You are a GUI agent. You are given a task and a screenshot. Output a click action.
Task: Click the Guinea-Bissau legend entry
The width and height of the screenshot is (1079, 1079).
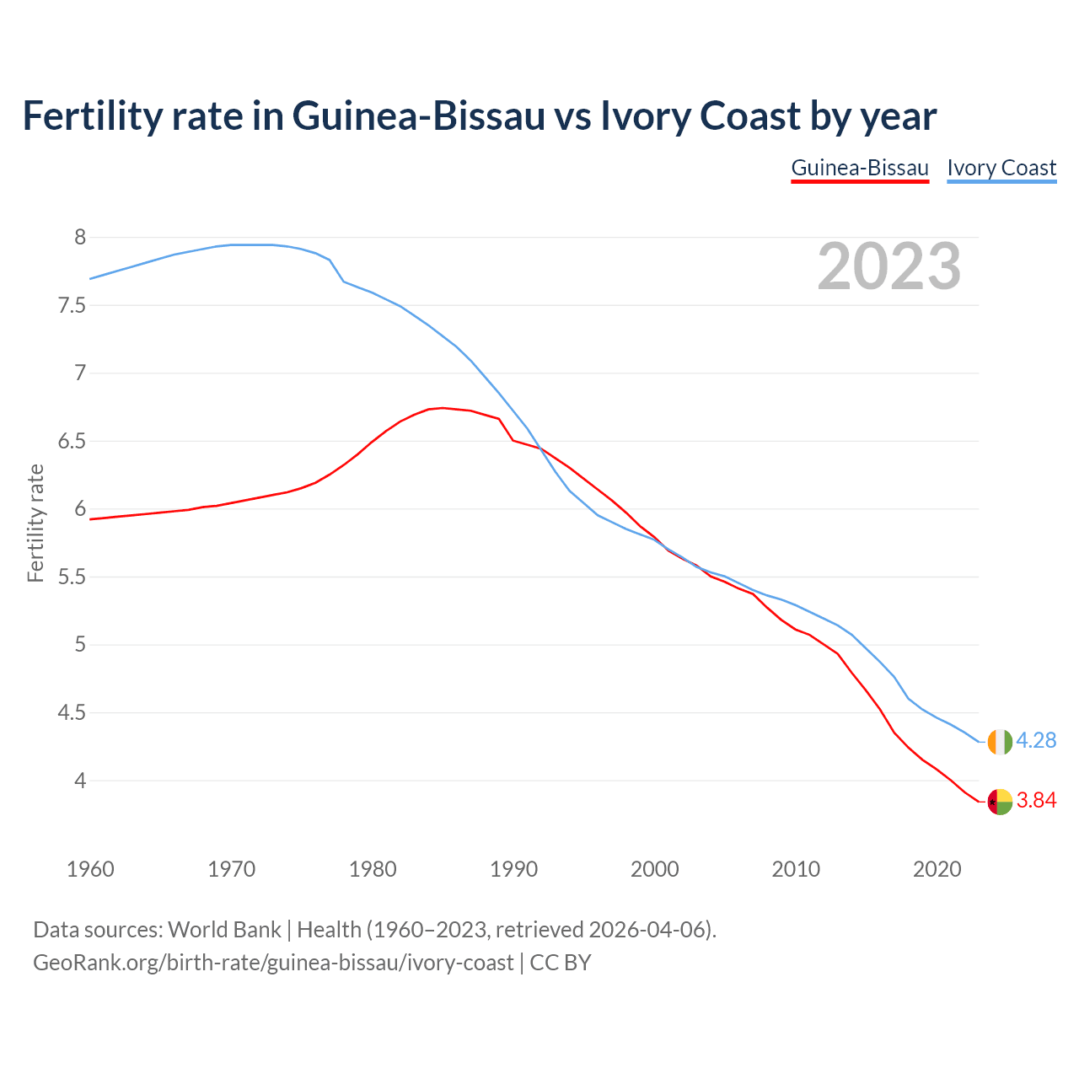859,168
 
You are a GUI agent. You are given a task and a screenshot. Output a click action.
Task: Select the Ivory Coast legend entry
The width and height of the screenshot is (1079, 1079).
1001,168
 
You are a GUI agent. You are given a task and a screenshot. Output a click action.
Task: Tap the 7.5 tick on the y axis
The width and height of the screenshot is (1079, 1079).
72,305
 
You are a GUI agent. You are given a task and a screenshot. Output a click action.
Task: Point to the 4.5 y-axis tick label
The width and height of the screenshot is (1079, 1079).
72,713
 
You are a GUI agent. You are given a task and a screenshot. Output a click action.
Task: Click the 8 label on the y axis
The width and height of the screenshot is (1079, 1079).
80,237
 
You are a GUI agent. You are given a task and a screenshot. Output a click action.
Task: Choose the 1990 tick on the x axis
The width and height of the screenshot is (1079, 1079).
513,869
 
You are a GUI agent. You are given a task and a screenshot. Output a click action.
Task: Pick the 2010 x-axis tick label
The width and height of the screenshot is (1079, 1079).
796,869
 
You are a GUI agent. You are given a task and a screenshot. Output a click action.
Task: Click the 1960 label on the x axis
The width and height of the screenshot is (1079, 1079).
90,869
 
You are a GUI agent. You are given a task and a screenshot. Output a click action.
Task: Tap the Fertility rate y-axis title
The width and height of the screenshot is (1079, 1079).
35,523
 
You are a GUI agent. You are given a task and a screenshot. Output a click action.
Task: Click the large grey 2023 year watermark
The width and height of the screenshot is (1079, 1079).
888,266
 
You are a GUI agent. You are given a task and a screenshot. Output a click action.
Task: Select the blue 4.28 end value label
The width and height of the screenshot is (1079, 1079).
1036,740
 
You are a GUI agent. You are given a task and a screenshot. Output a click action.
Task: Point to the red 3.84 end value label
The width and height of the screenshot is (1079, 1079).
1036,800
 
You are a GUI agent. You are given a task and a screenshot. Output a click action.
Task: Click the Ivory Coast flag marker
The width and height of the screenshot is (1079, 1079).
1000,742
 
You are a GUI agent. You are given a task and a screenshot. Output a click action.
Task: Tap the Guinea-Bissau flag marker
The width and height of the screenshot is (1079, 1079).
1000,802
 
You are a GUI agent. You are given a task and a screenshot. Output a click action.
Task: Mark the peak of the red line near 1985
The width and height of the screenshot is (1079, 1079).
443,408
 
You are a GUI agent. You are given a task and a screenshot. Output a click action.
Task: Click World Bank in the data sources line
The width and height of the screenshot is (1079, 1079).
224,930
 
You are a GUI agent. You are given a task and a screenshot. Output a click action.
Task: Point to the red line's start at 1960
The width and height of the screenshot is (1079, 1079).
91,519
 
